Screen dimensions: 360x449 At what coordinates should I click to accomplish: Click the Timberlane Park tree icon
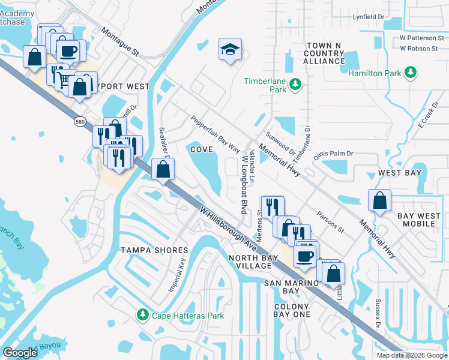pyautogui.click(x=295, y=85)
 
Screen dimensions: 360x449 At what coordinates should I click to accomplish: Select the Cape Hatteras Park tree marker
pyautogui.click(x=143, y=314)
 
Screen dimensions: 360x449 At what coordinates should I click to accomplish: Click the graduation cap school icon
pyautogui.click(x=229, y=50)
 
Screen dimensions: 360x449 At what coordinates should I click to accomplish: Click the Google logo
pyautogui.click(x=20, y=353)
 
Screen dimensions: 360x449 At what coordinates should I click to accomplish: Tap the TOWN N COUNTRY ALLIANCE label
pyautogui.click(x=324, y=53)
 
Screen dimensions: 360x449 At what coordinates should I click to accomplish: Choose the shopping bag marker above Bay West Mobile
pyautogui.click(x=379, y=201)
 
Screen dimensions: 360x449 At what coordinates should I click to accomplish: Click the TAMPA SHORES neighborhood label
pyautogui.click(x=155, y=250)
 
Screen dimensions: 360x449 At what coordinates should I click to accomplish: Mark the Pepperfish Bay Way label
pyautogui.click(x=215, y=131)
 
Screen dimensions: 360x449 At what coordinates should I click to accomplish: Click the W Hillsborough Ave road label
pyautogui.click(x=228, y=229)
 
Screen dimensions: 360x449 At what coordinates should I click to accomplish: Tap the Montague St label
pyautogui.click(x=120, y=42)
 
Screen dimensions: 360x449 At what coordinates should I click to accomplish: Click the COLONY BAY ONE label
pyautogui.click(x=292, y=310)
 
